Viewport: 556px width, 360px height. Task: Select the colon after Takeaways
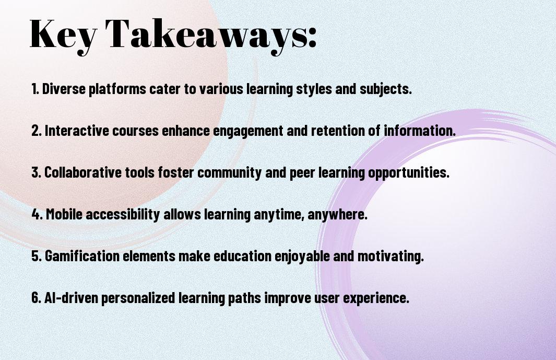click(312, 37)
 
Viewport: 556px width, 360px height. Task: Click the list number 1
click(35, 89)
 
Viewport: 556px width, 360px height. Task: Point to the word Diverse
click(64, 89)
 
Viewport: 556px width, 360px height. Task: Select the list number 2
click(36, 131)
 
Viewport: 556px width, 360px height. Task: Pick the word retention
click(338, 131)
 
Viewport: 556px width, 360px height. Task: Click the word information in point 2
click(420, 131)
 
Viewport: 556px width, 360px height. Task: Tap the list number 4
click(37, 214)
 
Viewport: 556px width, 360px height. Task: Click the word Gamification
click(82, 256)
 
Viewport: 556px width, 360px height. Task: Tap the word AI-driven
click(71, 298)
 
